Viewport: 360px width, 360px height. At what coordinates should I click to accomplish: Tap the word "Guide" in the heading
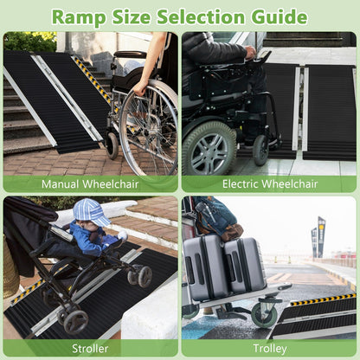click(x=275, y=16)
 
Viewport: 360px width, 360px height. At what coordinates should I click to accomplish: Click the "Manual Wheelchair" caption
click(x=89, y=183)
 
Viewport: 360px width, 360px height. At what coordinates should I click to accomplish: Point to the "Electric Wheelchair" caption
click(x=269, y=183)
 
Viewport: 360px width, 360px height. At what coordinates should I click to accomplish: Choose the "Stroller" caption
click(x=89, y=348)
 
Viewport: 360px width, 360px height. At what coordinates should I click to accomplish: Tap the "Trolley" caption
click(x=269, y=348)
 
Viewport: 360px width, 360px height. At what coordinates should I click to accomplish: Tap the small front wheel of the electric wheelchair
click(x=260, y=149)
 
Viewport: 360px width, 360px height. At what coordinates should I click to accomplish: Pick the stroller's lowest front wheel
click(x=75, y=322)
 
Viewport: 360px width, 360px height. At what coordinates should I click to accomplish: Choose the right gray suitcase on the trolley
click(x=245, y=265)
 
